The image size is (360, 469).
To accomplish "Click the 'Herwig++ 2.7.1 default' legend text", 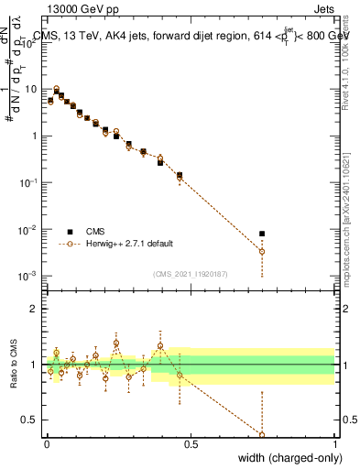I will (130, 245).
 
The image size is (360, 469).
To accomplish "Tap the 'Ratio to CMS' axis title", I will (14, 365).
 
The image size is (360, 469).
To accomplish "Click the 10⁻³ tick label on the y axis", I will (29, 276).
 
